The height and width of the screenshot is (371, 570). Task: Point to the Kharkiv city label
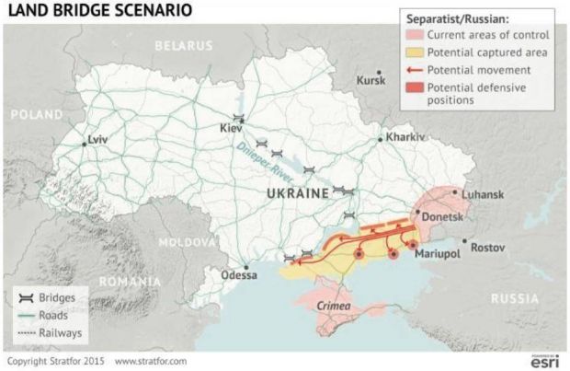coord(406,136)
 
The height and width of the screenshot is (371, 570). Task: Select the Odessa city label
coord(242,276)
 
